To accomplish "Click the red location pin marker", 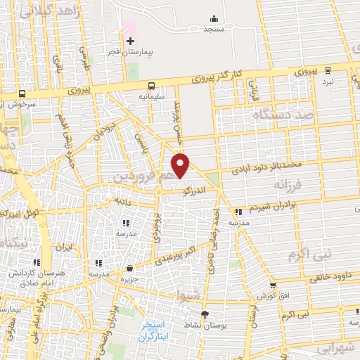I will (x=181, y=165).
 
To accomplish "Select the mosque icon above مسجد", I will (x=214, y=19).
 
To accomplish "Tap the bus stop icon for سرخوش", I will (x=23, y=94).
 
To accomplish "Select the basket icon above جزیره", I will (x=129, y=267).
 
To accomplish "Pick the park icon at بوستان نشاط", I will (x=205, y=314).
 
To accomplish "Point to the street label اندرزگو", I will (x=192, y=189).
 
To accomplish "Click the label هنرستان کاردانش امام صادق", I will (x=27, y=276).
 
